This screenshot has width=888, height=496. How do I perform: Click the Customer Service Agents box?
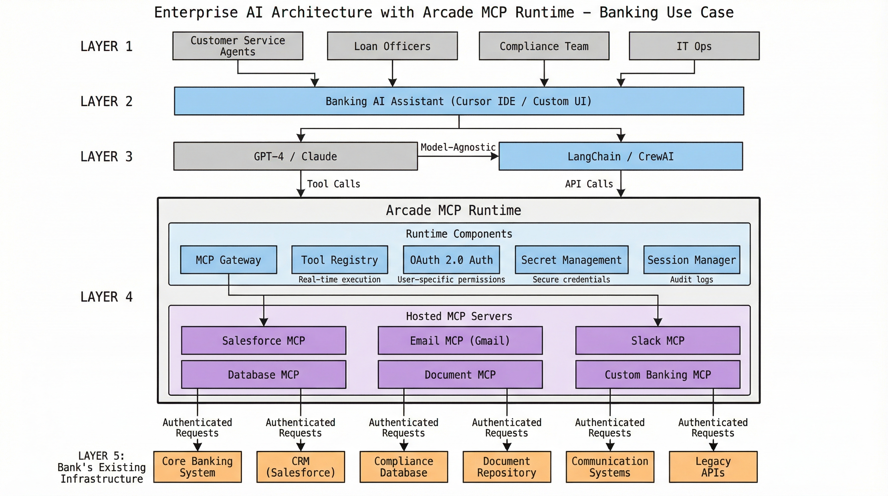tap(237, 46)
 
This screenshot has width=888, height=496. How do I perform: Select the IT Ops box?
tap(694, 46)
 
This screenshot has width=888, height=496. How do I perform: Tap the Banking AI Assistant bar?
tap(459, 101)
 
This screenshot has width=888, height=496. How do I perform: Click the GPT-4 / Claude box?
tap(296, 156)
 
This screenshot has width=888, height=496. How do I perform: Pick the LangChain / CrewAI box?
tap(621, 156)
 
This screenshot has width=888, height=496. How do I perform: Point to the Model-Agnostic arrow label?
tap(458, 147)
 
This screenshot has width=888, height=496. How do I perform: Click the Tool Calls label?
tap(333, 184)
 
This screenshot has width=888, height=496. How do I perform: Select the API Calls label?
tap(589, 184)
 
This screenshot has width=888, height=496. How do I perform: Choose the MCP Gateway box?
tap(228, 260)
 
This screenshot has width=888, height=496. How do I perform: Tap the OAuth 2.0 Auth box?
tap(451, 260)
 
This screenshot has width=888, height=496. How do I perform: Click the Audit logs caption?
tap(691, 279)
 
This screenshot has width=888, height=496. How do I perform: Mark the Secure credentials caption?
tap(571, 279)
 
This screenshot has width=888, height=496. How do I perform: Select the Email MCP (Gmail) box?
tap(460, 340)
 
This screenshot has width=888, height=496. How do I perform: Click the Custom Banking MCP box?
tap(657, 375)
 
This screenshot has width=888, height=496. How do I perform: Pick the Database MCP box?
tap(263, 375)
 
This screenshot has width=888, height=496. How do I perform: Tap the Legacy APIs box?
tap(713, 467)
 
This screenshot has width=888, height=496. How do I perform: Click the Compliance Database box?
tap(403, 467)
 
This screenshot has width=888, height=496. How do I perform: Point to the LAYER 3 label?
tap(106, 156)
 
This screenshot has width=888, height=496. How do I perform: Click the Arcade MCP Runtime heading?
tap(453, 210)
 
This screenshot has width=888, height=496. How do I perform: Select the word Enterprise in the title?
tap(196, 12)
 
